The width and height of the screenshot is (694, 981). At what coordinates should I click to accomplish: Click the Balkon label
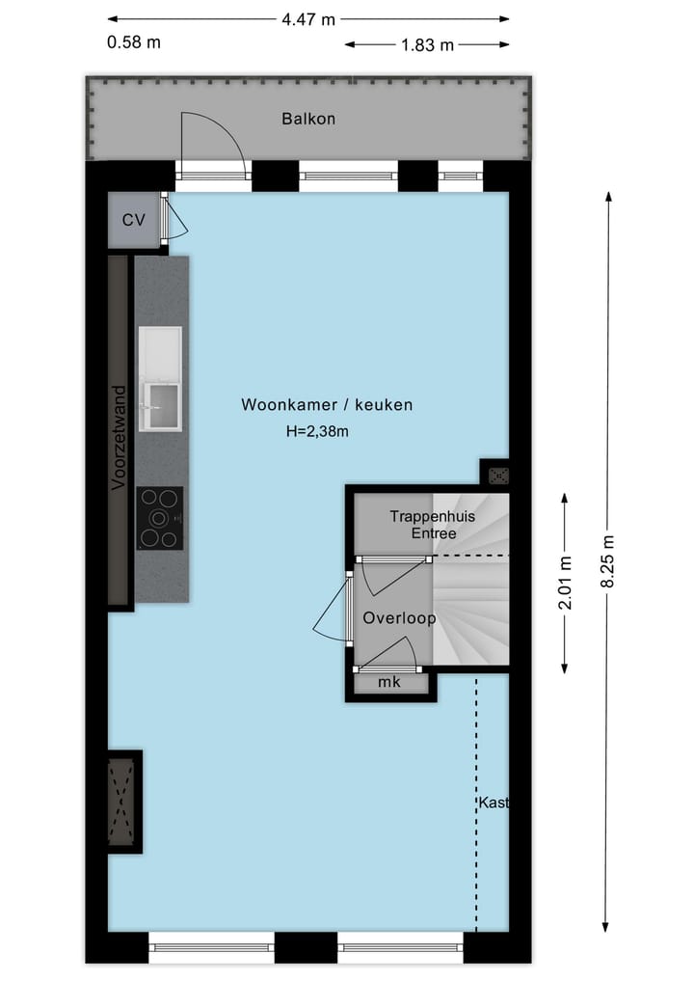(x=308, y=119)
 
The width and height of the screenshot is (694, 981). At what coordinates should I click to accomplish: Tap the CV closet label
(x=133, y=220)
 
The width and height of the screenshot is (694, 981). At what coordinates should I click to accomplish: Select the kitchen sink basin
(x=161, y=405)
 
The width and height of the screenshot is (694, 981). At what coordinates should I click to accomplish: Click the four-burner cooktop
(x=159, y=518)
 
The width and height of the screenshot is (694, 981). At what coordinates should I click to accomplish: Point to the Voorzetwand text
(x=119, y=439)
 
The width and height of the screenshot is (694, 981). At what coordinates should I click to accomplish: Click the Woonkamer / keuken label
(x=327, y=405)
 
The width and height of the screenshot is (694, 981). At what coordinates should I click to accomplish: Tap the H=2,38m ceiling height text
(x=317, y=431)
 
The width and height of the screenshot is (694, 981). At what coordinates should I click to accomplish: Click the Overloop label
(x=399, y=618)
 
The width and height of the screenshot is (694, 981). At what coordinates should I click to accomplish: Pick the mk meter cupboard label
(x=389, y=682)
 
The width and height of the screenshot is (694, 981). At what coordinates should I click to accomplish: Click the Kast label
(x=493, y=803)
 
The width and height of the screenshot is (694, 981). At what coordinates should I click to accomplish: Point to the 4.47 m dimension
(x=308, y=18)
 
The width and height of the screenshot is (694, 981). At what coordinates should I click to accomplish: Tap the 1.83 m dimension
(x=427, y=44)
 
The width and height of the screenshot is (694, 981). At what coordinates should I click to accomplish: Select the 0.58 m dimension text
(x=135, y=42)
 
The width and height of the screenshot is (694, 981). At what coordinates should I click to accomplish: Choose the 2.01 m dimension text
(x=567, y=583)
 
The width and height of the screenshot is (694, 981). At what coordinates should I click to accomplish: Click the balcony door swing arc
(x=214, y=140)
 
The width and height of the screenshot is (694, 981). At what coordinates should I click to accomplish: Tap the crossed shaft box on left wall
(x=122, y=801)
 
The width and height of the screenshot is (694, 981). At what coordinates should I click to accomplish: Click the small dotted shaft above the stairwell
(x=498, y=474)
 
